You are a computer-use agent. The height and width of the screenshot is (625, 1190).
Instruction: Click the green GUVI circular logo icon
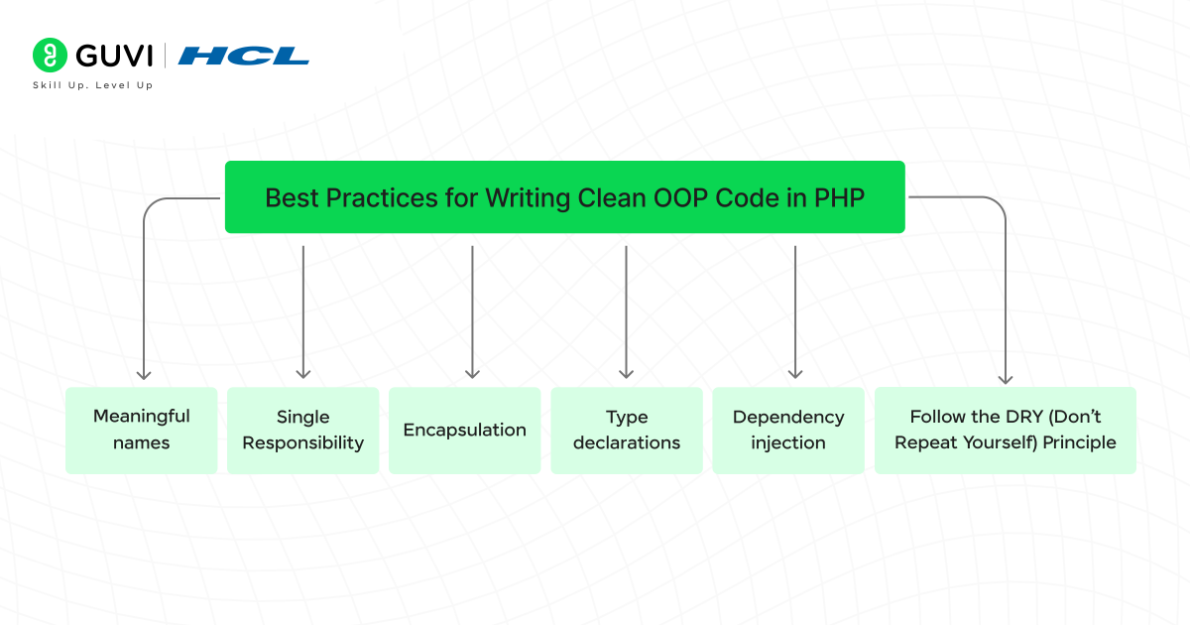[x=50, y=56]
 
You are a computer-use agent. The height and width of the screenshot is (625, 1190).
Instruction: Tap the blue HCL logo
[x=244, y=56]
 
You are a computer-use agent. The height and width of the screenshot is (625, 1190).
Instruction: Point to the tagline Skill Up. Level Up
[x=93, y=86]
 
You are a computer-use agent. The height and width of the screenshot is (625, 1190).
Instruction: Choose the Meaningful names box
[x=141, y=430]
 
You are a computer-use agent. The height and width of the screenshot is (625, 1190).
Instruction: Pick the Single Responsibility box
[x=302, y=430]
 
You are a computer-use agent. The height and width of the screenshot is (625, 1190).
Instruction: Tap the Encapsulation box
[x=464, y=430]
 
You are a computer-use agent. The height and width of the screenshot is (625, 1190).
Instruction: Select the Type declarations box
[x=627, y=430]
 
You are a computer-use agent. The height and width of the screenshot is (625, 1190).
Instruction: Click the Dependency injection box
[x=788, y=430]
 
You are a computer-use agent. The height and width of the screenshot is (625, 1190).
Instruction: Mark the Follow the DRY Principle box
[x=1005, y=430]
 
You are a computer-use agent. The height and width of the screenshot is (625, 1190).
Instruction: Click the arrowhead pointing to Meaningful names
[x=144, y=373]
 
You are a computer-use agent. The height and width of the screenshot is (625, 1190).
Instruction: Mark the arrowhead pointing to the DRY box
[x=1006, y=377]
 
